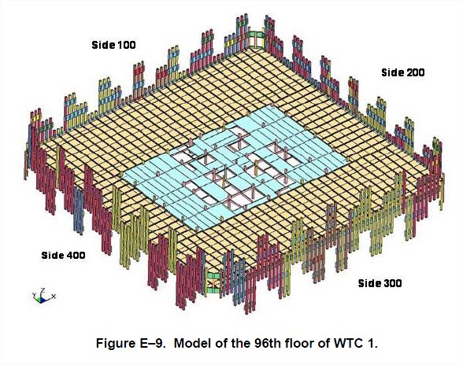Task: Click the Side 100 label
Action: coord(113,45)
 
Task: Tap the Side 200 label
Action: coord(403,72)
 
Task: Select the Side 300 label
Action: coord(380,283)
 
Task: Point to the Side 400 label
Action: coord(63,255)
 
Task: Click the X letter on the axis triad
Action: coord(54,296)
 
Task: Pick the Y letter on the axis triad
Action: coord(34,295)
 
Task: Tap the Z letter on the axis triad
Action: coord(43,290)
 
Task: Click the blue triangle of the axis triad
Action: coord(43,300)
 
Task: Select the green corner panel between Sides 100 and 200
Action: coord(256,39)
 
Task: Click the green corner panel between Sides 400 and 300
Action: coord(213,283)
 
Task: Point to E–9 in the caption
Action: coord(152,343)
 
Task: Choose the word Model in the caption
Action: coord(192,343)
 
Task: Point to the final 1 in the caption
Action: coord(370,343)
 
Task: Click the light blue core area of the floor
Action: coord(233,165)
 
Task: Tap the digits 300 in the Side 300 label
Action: coord(392,283)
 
